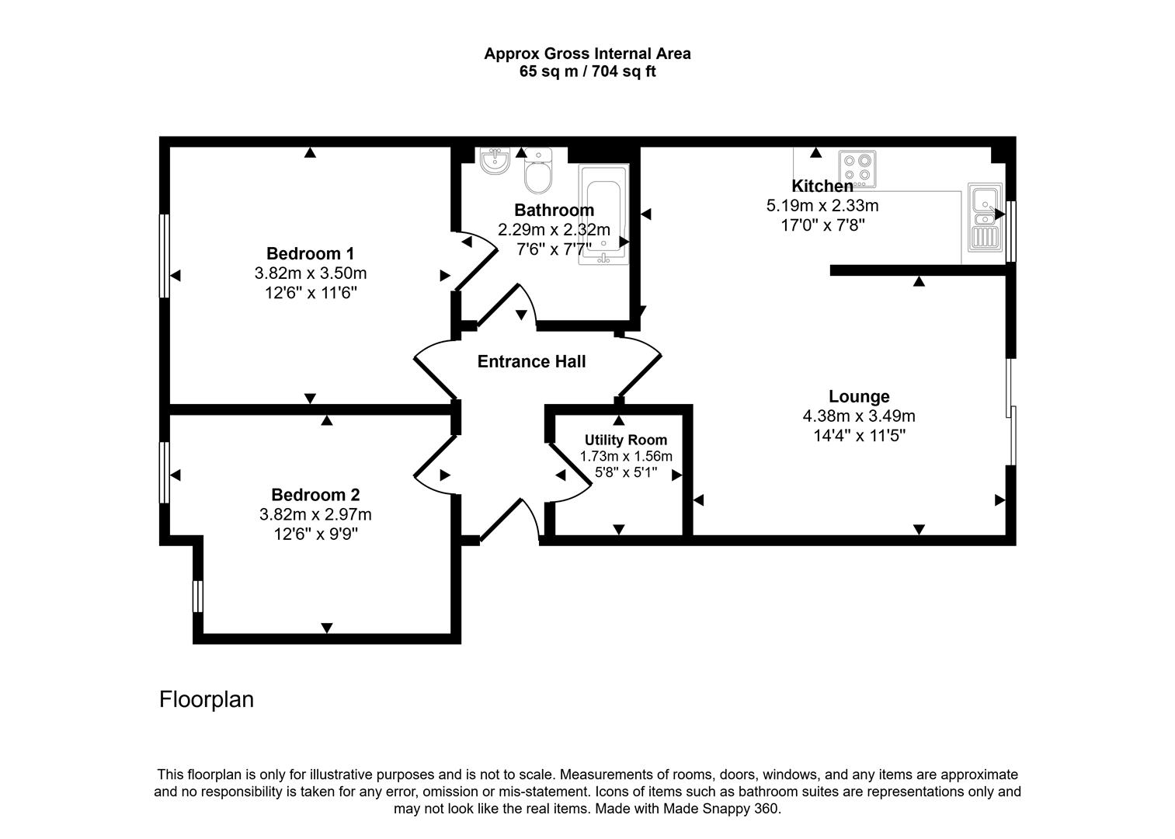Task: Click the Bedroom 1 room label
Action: (x=310, y=253)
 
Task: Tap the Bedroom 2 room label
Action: (x=315, y=495)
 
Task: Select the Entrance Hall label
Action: (x=531, y=361)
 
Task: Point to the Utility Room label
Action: (x=625, y=440)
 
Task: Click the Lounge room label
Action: (x=859, y=397)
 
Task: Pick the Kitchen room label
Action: (x=822, y=186)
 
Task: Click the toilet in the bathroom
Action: (x=537, y=172)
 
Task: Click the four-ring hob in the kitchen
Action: (x=857, y=169)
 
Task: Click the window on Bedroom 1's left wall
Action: (x=165, y=256)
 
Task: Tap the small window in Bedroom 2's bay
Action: (x=198, y=596)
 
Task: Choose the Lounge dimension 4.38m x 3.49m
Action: (x=859, y=416)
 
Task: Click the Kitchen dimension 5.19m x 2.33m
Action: (x=822, y=206)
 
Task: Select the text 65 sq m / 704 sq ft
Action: (x=587, y=71)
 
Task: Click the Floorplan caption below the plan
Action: (x=207, y=699)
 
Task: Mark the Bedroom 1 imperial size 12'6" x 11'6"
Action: (x=310, y=293)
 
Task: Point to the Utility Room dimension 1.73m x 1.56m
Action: (x=626, y=456)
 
